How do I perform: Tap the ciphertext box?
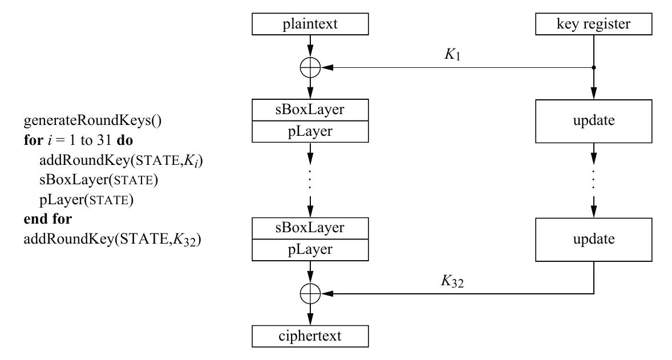(x=310, y=336)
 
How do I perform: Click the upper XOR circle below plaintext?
(x=310, y=68)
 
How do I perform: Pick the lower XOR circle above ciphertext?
(x=310, y=294)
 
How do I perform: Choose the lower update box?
(x=594, y=239)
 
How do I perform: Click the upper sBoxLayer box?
(x=310, y=110)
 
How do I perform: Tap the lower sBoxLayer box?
(x=310, y=228)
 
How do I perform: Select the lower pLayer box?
(x=310, y=250)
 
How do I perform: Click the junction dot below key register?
(x=594, y=68)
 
